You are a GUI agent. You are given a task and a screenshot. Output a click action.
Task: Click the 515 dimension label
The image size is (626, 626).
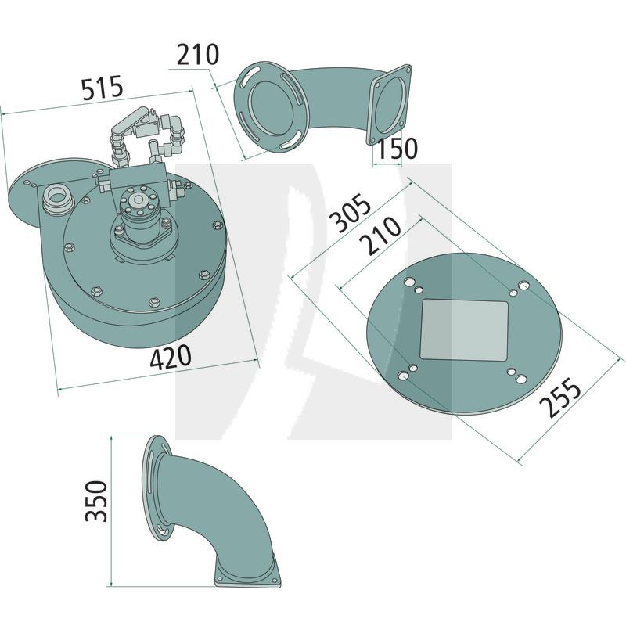103,88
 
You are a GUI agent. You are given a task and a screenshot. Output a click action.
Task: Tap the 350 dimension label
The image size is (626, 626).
96,501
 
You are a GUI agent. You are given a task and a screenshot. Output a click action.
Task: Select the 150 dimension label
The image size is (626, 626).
397,148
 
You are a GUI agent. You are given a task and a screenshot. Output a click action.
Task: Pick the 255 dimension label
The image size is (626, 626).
559,397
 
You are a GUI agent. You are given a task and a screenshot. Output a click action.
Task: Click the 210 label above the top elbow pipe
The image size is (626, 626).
198,54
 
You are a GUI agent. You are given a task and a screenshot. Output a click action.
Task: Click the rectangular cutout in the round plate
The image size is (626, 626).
464,330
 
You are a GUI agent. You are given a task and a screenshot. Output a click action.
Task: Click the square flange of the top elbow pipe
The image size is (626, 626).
389,104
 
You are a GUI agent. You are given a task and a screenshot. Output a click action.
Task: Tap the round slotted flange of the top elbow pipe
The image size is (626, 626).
272,107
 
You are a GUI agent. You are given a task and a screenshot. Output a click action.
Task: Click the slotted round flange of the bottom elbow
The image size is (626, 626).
157,487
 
